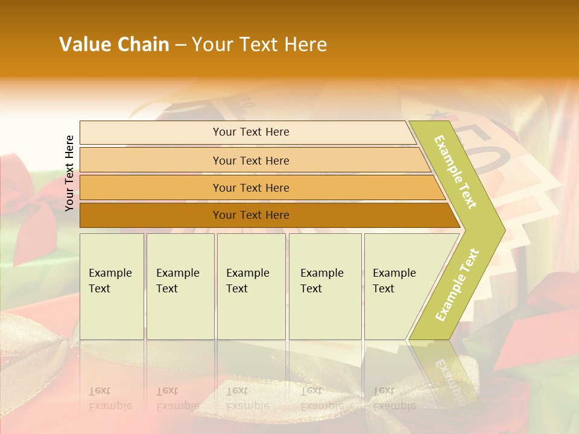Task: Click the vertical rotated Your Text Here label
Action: tap(69, 173)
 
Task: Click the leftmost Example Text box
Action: tap(112, 286)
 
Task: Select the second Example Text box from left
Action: tap(180, 286)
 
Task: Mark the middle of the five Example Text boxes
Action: tap(251, 286)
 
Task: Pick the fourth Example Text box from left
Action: tap(325, 286)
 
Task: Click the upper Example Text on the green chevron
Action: tap(455, 172)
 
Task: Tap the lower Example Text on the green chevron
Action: tap(457, 285)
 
